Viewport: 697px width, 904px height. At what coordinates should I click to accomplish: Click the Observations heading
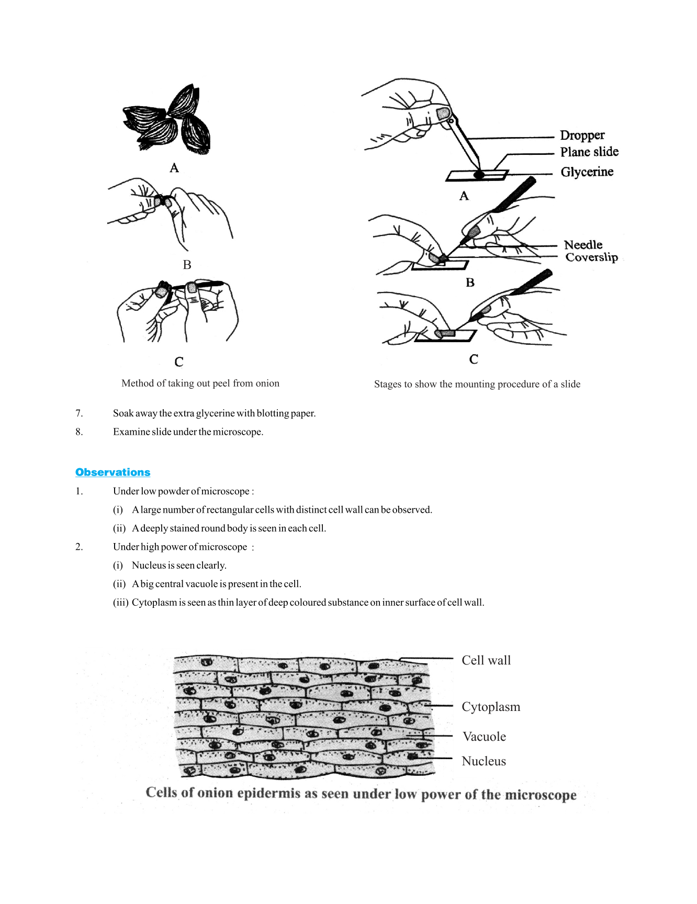(113, 472)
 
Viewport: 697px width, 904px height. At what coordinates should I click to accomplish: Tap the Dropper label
(582, 135)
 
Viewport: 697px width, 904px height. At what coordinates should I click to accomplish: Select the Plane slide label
(589, 152)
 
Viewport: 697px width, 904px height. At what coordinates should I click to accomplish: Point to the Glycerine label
(587, 172)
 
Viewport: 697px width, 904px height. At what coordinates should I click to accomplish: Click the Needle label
(583, 245)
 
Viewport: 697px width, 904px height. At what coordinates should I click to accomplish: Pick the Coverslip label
(591, 257)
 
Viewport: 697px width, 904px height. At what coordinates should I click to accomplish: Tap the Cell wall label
(486, 660)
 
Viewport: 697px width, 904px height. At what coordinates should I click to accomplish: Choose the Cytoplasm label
(490, 707)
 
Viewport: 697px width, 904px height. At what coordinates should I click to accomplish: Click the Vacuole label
(484, 737)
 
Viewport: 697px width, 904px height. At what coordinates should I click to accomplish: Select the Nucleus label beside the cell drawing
(484, 761)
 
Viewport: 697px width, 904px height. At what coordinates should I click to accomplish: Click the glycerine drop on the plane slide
(479, 175)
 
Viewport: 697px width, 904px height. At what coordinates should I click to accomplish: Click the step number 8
(79, 432)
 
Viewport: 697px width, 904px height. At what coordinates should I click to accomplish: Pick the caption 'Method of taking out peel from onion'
(200, 383)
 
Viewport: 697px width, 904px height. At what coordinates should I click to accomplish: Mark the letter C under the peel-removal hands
(179, 361)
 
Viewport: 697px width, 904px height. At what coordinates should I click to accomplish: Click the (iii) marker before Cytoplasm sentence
(120, 603)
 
